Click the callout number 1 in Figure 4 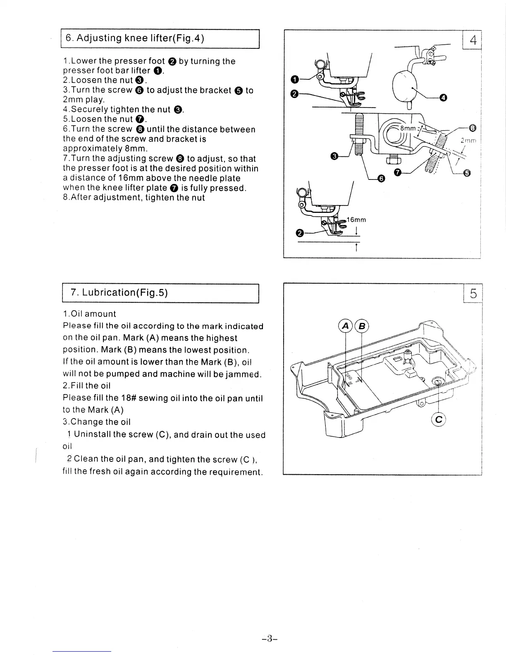[294, 79]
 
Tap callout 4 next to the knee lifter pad [443, 98]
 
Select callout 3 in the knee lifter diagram [334, 156]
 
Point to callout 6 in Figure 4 [381, 178]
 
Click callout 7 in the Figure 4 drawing [397, 172]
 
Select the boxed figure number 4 [473, 40]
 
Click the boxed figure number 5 [473, 294]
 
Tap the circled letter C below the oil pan [439, 420]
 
